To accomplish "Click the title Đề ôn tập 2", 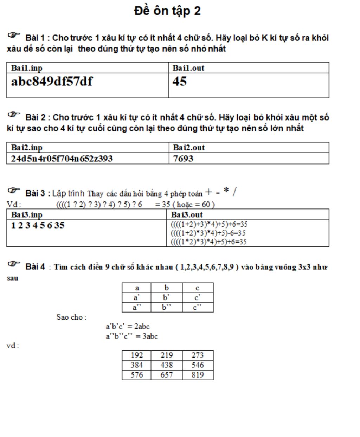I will pyautogui.click(x=167, y=11).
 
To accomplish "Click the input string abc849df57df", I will pyautogui.click(x=52, y=82).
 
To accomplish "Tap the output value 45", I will pyautogui.click(x=180, y=82).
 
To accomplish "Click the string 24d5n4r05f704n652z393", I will pyautogui.click(x=62, y=159).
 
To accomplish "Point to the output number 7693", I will pyautogui.click(x=183, y=159).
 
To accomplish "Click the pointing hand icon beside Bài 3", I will pyautogui.click(x=14, y=191).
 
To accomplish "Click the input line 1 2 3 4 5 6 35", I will pyautogui.click(x=38, y=225).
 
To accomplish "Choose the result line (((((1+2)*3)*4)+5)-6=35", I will pyautogui.click(x=208, y=233).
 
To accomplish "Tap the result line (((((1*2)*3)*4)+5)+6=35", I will pyautogui.click(x=208, y=242).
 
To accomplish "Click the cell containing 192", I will pyautogui.click(x=136, y=355).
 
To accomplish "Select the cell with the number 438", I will pyautogui.click(x=167, y=365).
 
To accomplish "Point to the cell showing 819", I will pyautogui.click(x=198, y=375).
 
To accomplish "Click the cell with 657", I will pyautogui.click(x=167, y=375).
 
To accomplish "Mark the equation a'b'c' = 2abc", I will pyautogui.click(x=128, y=326).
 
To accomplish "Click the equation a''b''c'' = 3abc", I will pyautogui.click(x=132, y=336).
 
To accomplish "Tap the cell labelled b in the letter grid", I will pyautogui.click(x=167, y=288).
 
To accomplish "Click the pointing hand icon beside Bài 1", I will pyautogui.click(x=14, y=35).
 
